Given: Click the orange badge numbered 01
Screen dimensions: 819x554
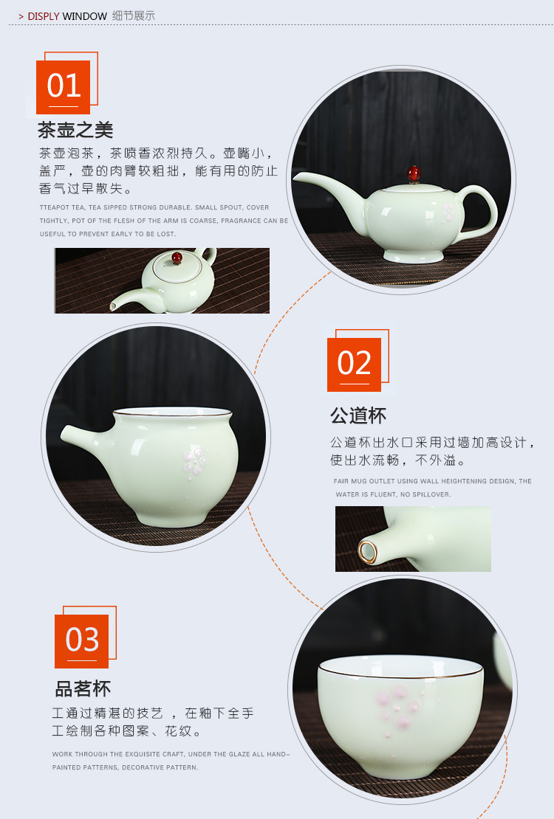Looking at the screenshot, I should coord(63,87).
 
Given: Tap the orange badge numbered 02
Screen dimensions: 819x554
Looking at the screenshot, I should coord(354,364).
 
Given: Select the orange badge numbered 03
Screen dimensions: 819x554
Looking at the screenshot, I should coord(81,640).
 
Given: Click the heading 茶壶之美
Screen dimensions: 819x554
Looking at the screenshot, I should coord(75,131).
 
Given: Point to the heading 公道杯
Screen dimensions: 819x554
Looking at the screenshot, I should coord(358,415).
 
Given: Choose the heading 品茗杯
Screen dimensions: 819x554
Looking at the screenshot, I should coord(83,689).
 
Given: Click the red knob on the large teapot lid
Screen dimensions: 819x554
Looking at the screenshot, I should coord(414,174).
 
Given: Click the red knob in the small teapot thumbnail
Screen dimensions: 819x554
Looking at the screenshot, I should coord(177,258).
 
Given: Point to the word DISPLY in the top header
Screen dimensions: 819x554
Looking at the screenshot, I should coord(44,16).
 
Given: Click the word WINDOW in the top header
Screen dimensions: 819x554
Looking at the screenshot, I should coord(84,16).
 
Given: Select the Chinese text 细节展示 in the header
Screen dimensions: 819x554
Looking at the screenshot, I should coord(134,16).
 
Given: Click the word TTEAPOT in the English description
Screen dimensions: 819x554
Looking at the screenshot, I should coord(55,208).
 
